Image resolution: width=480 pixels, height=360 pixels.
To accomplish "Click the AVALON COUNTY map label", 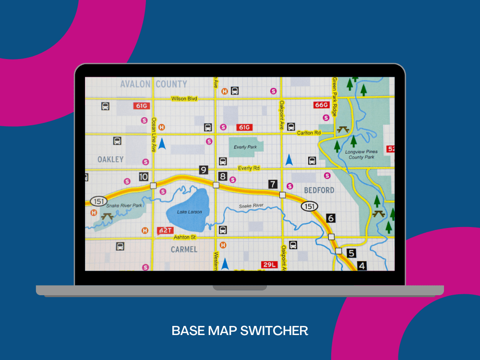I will (154, 84).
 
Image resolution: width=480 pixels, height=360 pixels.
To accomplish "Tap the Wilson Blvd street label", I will (184, 99).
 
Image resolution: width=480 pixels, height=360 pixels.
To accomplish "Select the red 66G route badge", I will (321, 105).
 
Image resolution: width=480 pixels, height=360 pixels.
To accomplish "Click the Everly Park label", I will (245, 147).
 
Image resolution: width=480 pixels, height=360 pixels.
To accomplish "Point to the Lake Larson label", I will (190, 212).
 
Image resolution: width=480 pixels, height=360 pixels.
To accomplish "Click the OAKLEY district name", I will (110, 159).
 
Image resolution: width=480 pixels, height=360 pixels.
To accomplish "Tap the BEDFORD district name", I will (319, 190).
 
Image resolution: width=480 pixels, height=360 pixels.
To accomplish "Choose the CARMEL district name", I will (184, 250).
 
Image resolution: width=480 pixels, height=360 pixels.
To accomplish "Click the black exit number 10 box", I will (144, 177).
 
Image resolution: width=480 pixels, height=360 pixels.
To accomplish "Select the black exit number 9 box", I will (204, 170).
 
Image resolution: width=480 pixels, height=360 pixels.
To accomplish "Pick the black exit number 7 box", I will (273, 184).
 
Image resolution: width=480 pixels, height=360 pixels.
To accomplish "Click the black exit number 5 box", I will (351, 253).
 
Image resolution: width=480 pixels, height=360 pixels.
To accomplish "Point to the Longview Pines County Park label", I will (361, 154).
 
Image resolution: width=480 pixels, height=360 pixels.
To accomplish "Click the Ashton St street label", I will (185, 237).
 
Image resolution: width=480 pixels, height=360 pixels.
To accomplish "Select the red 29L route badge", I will (269, 264).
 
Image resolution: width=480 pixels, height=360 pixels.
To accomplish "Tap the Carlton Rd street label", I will (309, 133).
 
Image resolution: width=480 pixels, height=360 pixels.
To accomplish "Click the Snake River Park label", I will (124, 205).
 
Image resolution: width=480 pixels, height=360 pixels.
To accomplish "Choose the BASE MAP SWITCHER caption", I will (240, 331).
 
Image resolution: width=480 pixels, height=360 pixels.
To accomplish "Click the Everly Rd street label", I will (249, 168).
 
